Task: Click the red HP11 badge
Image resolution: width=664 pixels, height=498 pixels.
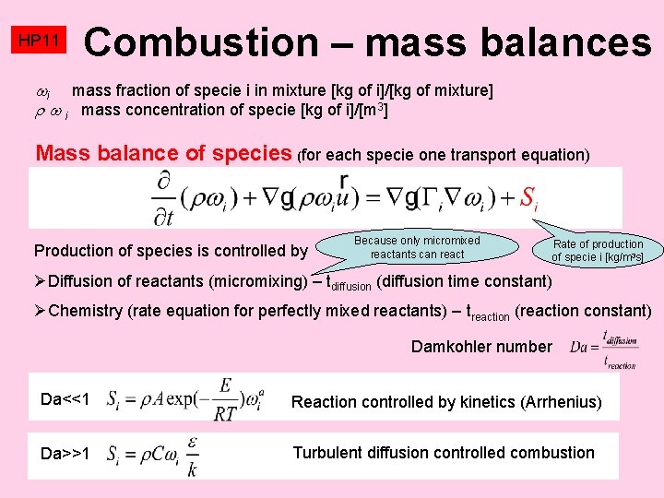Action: (x=39, y=41)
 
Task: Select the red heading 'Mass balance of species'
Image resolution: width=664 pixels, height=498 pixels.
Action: (x=163, y=153)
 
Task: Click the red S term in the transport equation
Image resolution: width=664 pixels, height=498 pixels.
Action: (x=528, y=196)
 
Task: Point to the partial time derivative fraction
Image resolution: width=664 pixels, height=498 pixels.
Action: (x=166, y=197)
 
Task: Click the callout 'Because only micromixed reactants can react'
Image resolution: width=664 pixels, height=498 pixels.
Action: (x=417, y=247)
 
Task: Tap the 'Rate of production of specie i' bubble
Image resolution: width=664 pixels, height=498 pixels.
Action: (x=597, y=251)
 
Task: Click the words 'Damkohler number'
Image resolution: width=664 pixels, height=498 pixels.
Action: (x=481, y=347)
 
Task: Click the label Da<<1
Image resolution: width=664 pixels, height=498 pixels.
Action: (x=65, y=399)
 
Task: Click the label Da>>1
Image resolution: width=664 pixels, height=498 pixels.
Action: (x=65, y=454)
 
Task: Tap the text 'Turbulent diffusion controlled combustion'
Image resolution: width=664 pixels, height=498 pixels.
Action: (x=443, y=453)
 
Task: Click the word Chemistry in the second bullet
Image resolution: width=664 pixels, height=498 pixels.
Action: (x=85, y=311)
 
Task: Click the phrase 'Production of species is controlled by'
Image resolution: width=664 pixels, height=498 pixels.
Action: (x=171, y=251)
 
